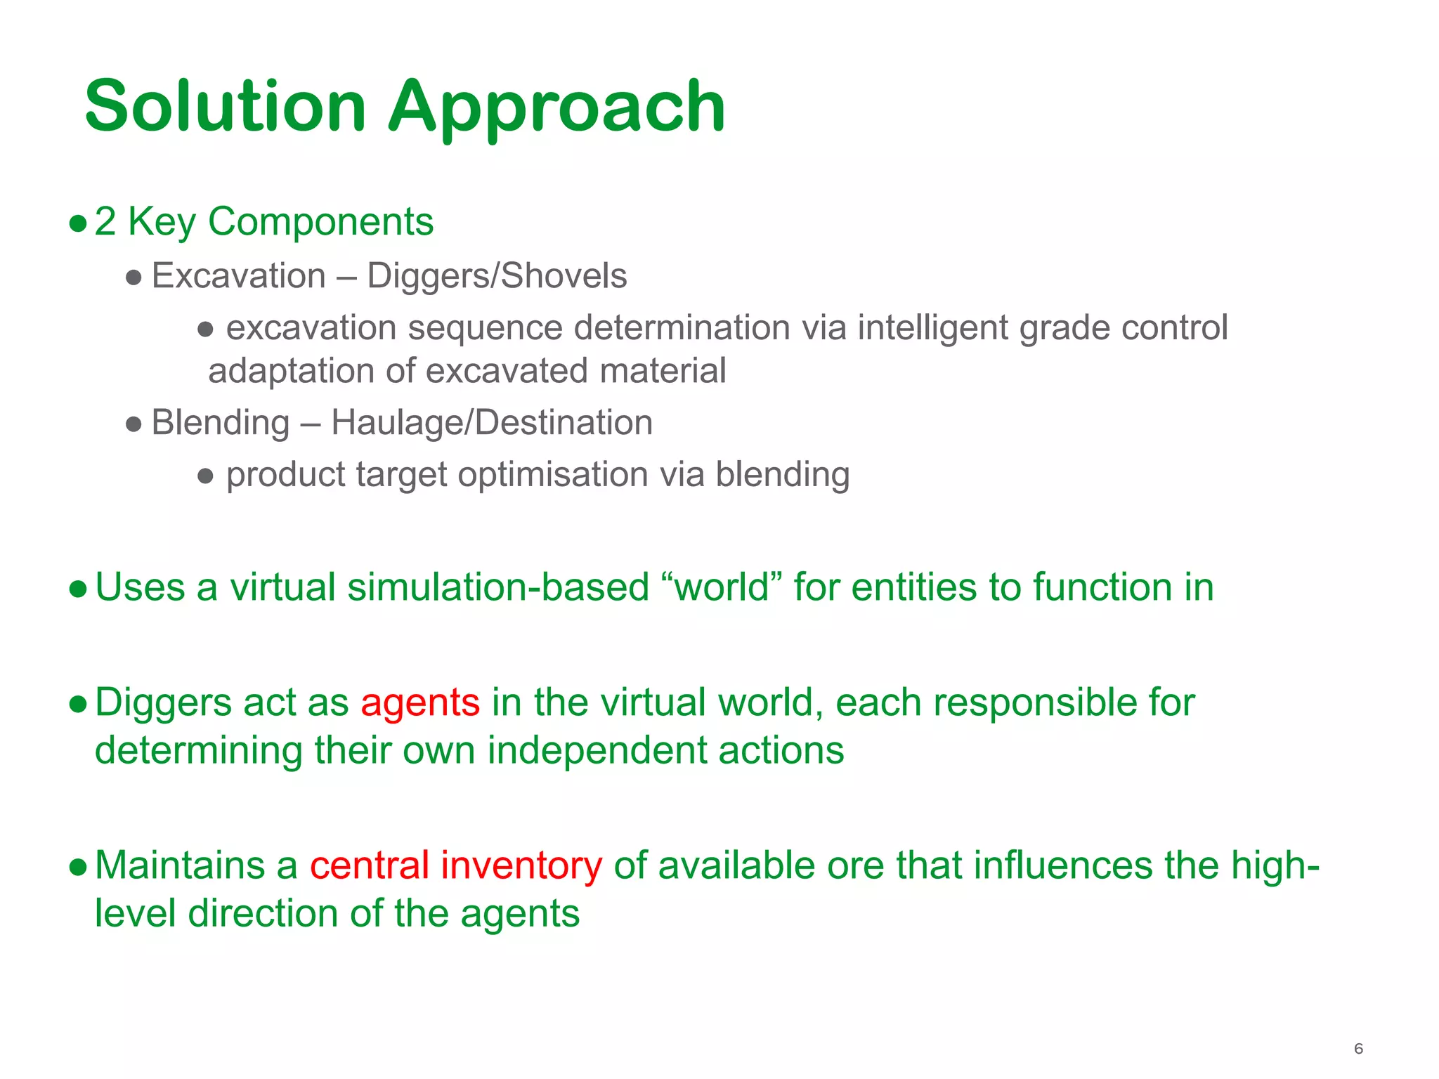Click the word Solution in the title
click(226, 106)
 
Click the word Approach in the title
click(556, 106)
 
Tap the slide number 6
click(1358, 1048)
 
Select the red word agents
click(420, 702)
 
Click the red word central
click(370, 865)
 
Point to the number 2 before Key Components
click(105, 222)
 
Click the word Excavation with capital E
click(238, 275)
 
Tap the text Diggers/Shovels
click(497, 275)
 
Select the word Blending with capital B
click(221, 423)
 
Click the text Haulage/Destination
click(492, 423)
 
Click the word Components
click(321, 222)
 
